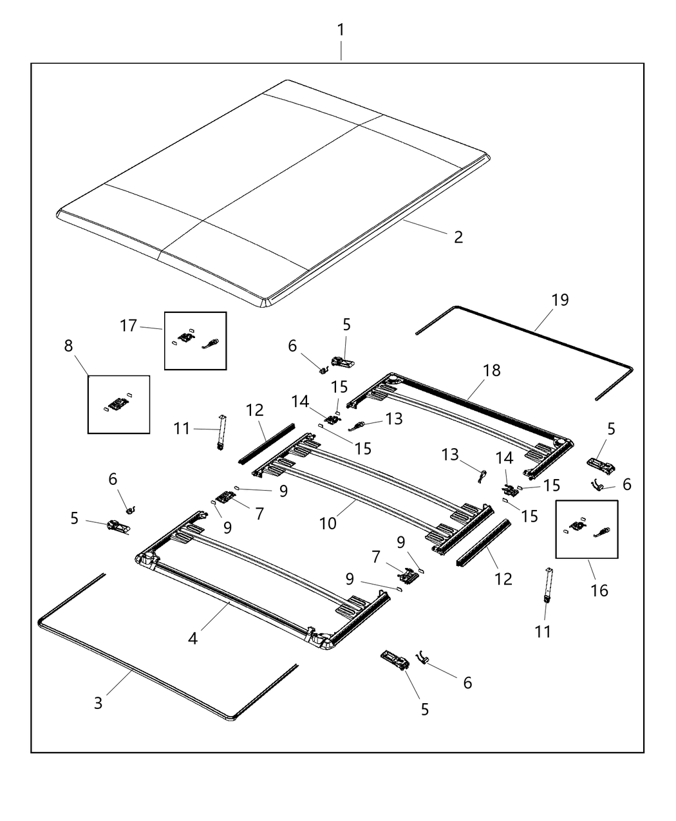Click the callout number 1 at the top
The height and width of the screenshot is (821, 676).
click(x=341, y=30)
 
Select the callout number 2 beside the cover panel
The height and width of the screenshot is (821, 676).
click(x=458, y=237)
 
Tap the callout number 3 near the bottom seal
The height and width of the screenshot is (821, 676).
click(x=98, y=703)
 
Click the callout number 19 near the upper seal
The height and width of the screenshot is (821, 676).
click(x=560, y=299)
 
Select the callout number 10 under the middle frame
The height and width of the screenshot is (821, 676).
click(x=328, y=523)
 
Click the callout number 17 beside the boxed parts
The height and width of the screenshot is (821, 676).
click(x=129, y=326)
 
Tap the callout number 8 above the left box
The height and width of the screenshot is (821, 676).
click(x=68, y=346)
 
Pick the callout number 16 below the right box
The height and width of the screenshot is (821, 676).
click(x=599, y=590)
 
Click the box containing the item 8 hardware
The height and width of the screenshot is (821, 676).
click(x=118, y=404)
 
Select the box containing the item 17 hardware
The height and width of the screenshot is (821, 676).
click(x=195, y=341)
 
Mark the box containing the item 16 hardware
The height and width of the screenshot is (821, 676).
click(x=587, y=529)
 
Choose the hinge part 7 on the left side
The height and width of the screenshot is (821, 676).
click(x=225, y=496)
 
